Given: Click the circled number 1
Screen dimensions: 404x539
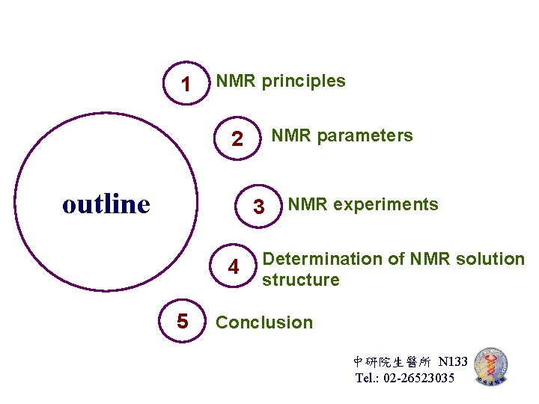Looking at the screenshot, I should tap(186, 84).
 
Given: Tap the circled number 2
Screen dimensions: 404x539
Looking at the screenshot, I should tap(237, 139).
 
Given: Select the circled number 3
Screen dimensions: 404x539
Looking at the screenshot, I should tap(258, 207).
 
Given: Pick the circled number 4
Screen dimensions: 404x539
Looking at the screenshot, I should tap(234, 267).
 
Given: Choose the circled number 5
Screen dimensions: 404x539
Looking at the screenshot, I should tap(183, 322).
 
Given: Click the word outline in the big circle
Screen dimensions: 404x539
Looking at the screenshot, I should tap(106, 203).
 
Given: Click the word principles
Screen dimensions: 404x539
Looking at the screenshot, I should tap(303, 81).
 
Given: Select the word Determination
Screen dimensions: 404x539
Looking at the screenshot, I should tap(323, 259).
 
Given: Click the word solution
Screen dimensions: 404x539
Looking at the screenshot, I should tap(494, 259).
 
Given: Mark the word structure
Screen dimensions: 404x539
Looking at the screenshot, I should tap(300, 280).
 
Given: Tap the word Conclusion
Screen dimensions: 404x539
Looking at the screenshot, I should tap(264, 322).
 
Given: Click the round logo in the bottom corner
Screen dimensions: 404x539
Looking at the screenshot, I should tap(491, 367).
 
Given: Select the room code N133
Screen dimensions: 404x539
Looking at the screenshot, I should tap(453, 362).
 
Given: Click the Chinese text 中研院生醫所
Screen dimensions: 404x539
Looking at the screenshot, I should tap(394, 362).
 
